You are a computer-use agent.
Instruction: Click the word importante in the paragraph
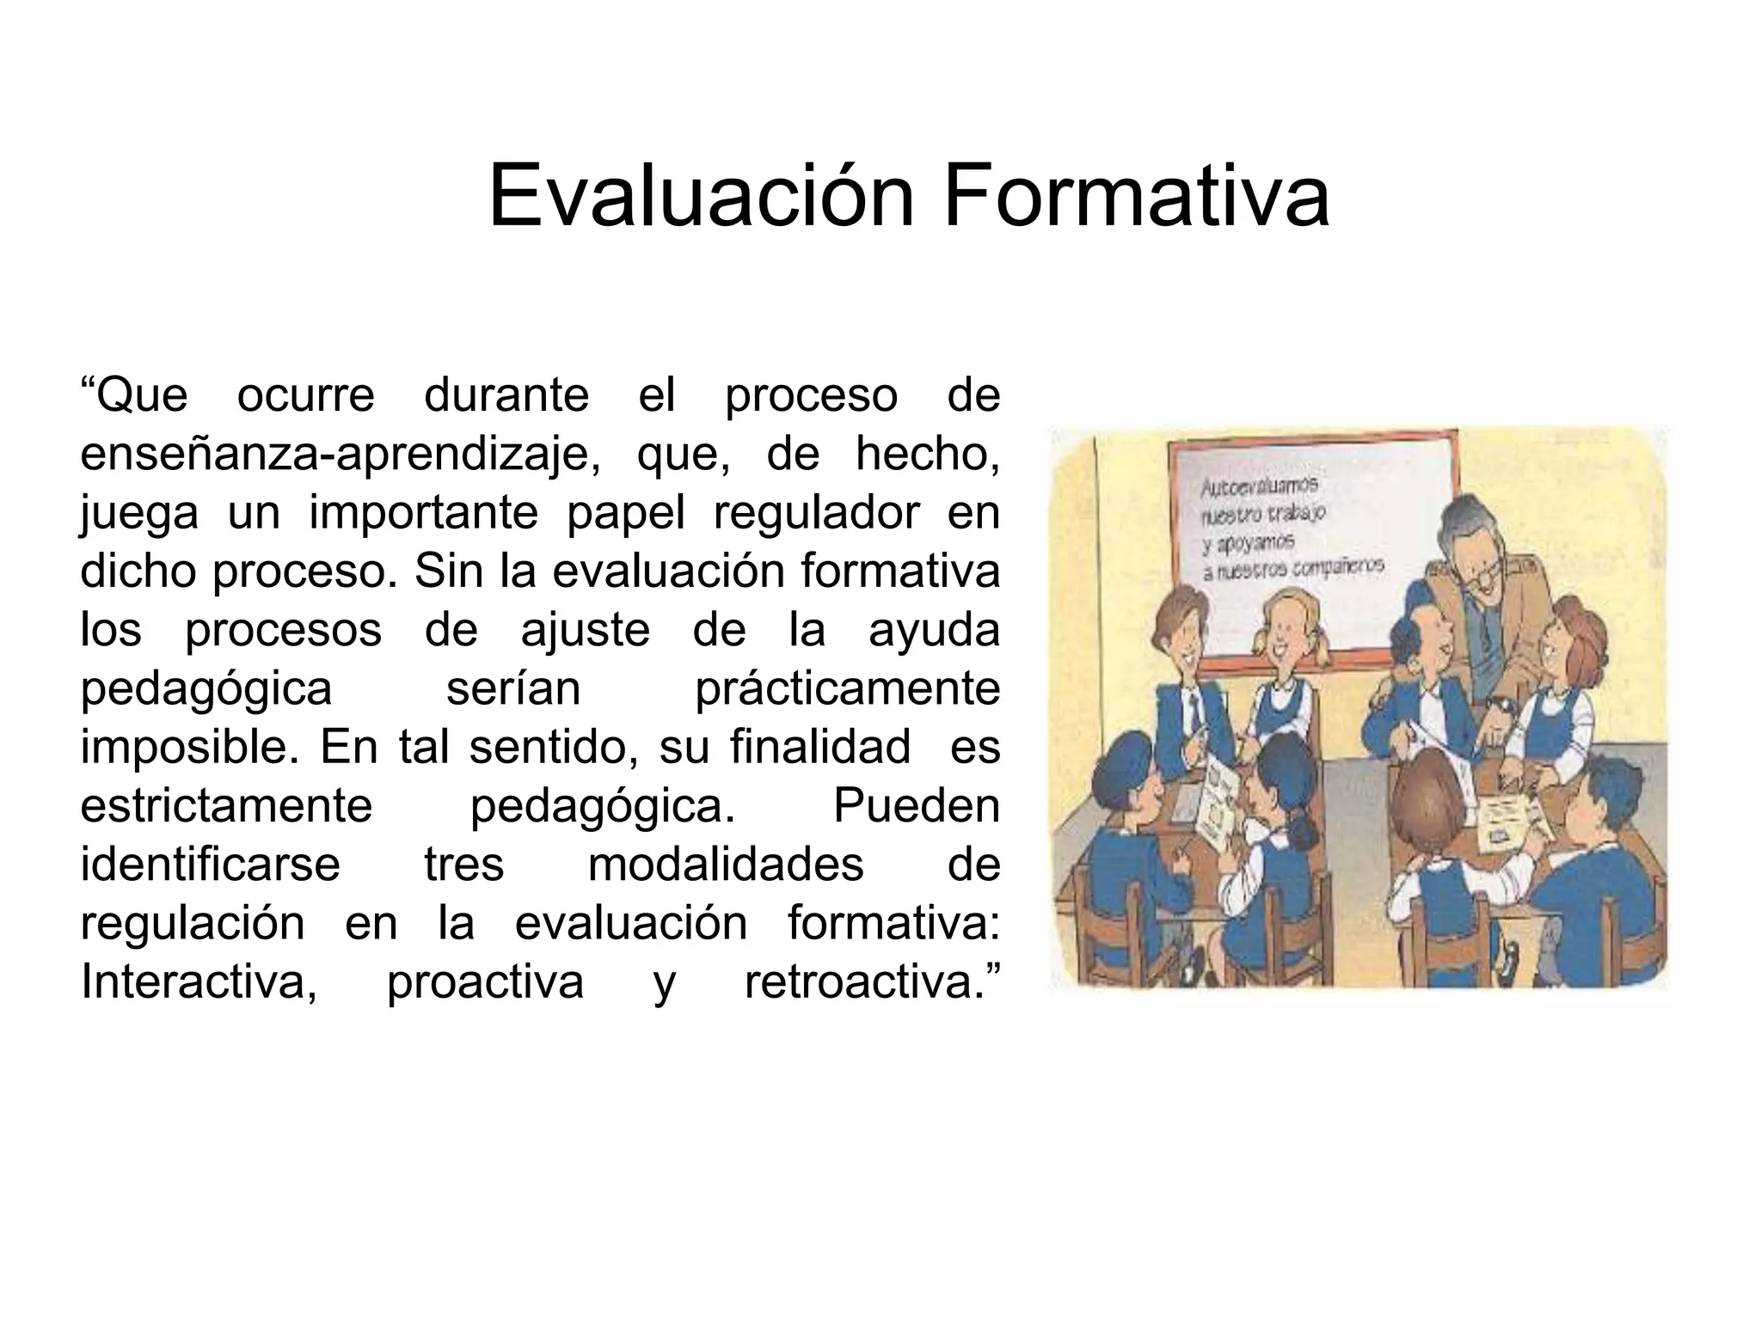point(424,513)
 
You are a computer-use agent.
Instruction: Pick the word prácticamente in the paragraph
point(847,688)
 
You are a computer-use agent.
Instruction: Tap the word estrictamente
point(226,805)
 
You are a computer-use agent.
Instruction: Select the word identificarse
point(211,864)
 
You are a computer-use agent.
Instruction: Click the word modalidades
point(726,864)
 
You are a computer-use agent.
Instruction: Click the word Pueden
point(916,805)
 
